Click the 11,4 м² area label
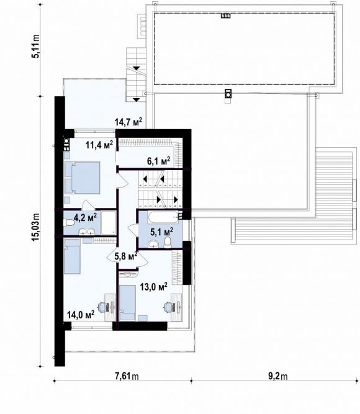[x=99, y=145]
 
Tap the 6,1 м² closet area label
[x=158, y=161]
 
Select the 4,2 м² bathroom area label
[x=85, y=218]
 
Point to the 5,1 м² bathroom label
[x=161, y=232]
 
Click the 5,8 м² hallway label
[x=126, y=256]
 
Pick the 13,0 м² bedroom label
[x=153, y=287]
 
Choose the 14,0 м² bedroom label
[x=81, y=315]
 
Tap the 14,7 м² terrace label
[x=128, y=122]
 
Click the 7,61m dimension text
[x=127, y=376]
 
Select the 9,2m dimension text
[x=278, y=376]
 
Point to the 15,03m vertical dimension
[x=35, y=227]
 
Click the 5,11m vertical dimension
[x=35, y=46]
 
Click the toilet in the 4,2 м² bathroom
[x=68, y=223]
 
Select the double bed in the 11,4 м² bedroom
[x=82, y=178]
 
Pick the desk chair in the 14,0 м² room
[x=102, y=307]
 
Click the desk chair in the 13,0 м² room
[x=168, y=307]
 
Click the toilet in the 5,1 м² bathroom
[x=168, y=243]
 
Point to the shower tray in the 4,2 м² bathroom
[x=109, y=223]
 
